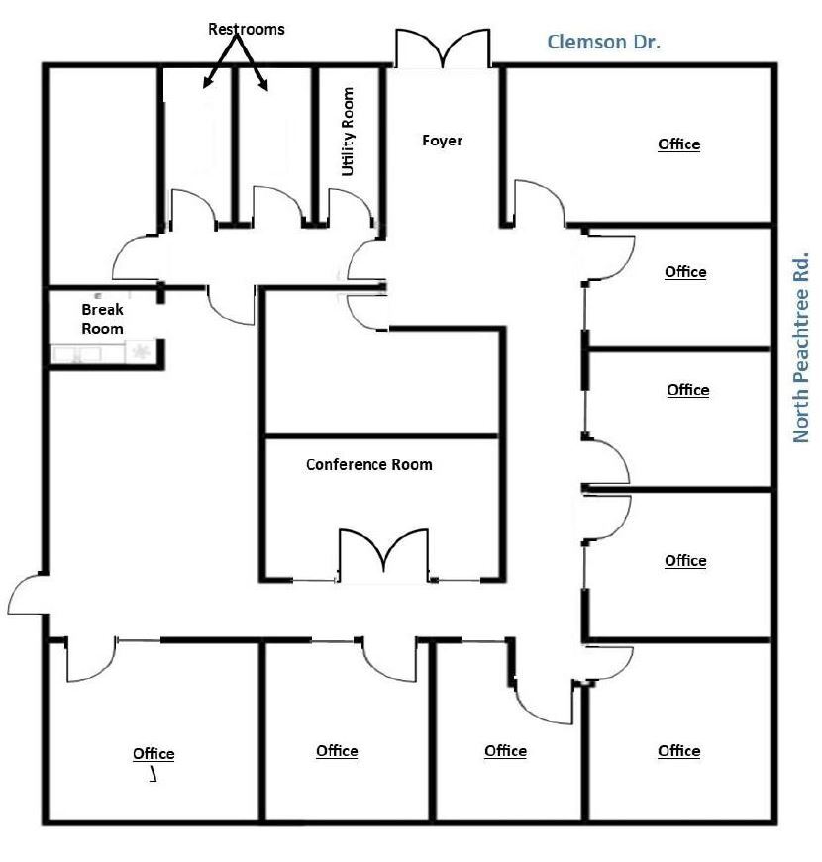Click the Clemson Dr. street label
603,42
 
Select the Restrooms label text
246,29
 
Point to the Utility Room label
348,132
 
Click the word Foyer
442,141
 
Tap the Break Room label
102,319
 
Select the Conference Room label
369,465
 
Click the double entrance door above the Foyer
443,48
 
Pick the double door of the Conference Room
383,554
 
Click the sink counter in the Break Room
76,353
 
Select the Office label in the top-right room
679,145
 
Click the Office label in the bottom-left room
154,754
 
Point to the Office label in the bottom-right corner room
679,751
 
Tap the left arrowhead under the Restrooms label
207,82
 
